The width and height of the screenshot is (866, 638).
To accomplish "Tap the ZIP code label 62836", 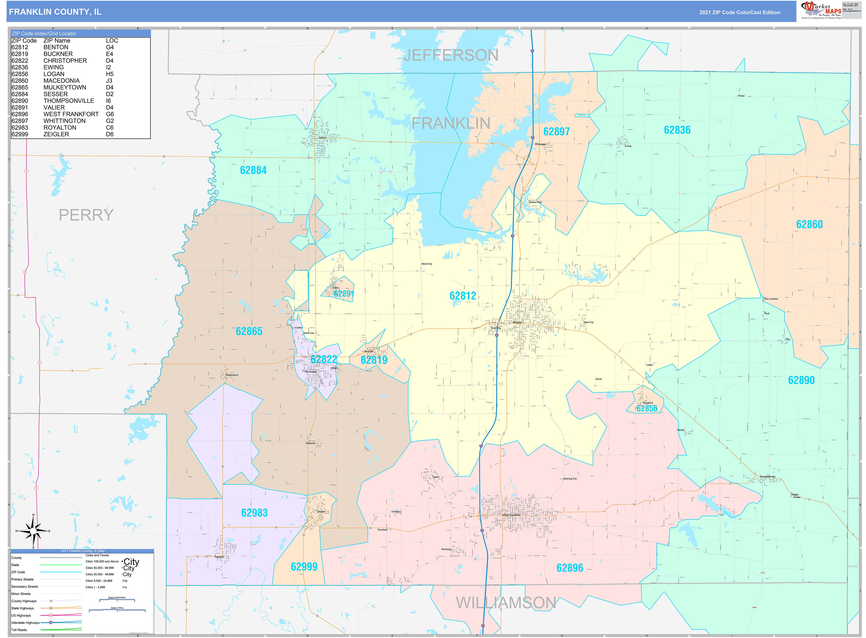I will click(x=677, y=130).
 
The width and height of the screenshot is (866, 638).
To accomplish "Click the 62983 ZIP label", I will click(x=254, y=513).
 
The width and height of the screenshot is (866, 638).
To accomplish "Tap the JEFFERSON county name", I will click(x=451, y=55).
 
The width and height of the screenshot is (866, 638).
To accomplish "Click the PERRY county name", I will click(x=86, y=215).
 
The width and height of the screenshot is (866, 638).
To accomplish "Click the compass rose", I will click(x=33, y=532).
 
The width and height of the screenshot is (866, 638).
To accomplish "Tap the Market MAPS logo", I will click(x=821, y=10).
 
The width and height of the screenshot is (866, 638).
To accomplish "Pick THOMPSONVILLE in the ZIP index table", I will click(x=68, y=101).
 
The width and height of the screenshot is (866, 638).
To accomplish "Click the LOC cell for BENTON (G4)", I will click(x=110, y=47).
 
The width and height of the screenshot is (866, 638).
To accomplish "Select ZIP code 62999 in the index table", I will click(x=20, y=134).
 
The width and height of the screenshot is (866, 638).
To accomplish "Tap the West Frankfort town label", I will click(x=511, y=515).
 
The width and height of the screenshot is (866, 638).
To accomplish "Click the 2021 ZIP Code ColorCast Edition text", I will click(x=739, y=12).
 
